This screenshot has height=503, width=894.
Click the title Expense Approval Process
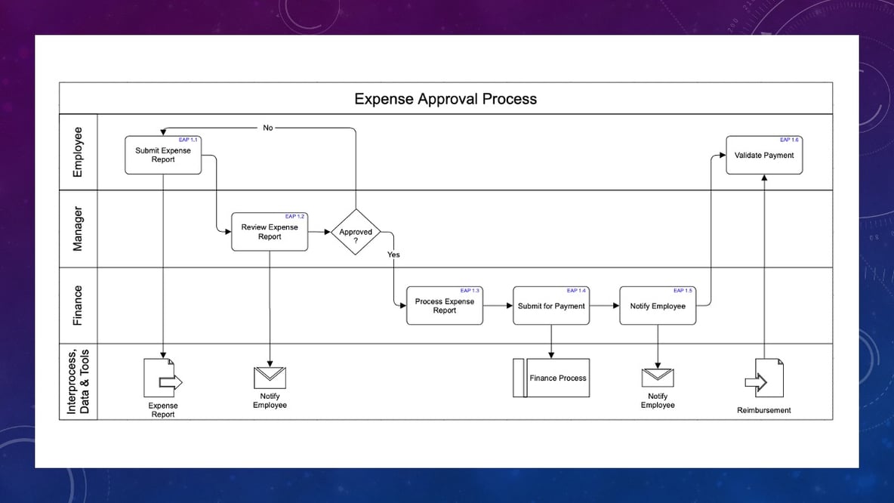(445, 99)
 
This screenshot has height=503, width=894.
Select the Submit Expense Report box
(163, 155)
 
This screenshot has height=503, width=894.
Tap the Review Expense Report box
(270, 232)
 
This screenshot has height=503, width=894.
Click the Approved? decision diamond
(356, 232)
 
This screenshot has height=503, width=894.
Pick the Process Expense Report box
(444, 306)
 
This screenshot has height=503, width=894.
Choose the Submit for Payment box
(551, 306)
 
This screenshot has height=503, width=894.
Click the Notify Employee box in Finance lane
(658, 306)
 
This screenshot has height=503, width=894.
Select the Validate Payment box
(764, 155)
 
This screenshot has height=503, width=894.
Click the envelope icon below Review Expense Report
(270, 378)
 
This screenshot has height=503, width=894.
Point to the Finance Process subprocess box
(551, 378)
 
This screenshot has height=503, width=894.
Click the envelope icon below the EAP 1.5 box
(658, 378)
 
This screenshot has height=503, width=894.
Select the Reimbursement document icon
(766, 379)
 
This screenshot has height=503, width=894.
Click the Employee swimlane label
(78, 152)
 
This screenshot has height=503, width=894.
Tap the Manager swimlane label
(78, 228)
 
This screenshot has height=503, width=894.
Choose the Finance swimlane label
(78, 305)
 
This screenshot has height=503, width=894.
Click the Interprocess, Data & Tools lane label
(78, 381)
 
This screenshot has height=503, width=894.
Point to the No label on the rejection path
(268, 128)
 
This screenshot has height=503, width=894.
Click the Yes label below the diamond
(393, 255)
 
